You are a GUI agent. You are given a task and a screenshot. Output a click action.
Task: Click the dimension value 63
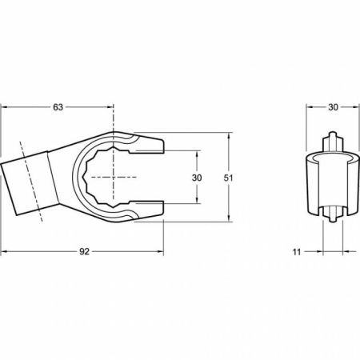click(x=58, y=107)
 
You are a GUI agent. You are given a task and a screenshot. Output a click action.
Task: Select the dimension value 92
click(x=84, y=251)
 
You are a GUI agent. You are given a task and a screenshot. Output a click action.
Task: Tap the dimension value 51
click(x=228, y=178)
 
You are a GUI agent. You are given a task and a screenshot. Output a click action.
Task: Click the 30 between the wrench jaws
click(x=197, y=178)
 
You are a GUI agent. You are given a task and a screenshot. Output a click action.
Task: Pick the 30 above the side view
click(x=333, y=107)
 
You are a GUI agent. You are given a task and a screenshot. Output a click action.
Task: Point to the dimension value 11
click(x=297, y=252)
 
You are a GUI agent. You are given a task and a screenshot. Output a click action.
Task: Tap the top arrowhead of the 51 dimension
click(x=229, y=136)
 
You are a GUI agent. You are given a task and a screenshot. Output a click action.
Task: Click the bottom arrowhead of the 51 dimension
click(x=229, y=218)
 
